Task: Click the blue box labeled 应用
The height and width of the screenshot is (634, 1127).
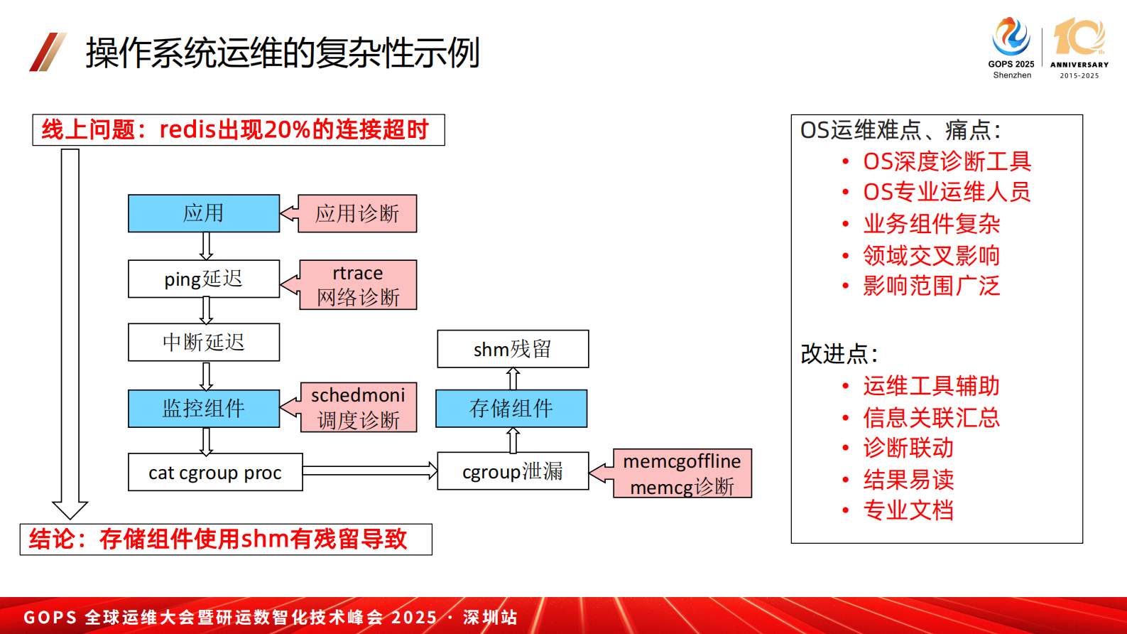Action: click(x=204, y=213)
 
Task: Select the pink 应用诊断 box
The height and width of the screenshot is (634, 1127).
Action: click(x=357, y=213)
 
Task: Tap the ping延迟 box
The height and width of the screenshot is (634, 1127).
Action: click(x=204, y=279)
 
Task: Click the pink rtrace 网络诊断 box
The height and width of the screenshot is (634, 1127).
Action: click(x=358, y=285)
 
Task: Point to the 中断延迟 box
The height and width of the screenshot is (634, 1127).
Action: click(x=204, y=343)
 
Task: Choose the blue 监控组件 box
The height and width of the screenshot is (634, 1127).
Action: click(x=204, y=408)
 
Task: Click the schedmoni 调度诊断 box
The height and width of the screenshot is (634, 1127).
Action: click(x=359, y=407)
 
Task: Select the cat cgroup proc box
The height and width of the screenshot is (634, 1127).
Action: click(x=215, y=473)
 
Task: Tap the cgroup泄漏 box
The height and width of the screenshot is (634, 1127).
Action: click(x=513, y=471)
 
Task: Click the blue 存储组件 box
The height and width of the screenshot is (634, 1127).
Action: click(x=511, y=408)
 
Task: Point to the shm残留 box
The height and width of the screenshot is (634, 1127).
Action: click(x=513, y=349)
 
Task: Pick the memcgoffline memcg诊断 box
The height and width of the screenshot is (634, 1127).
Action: click(x=682, y=473)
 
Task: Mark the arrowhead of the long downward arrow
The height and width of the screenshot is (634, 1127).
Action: click(x=70, y=510)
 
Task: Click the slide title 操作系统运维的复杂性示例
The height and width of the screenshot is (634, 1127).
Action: click(x=283, y=53)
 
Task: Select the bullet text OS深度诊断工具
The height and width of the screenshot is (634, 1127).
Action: click(x=947, y=161)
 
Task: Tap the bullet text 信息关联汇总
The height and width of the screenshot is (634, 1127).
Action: click(x=931, y=417)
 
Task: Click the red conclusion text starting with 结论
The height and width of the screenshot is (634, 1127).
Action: click(x=218, y=539)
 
